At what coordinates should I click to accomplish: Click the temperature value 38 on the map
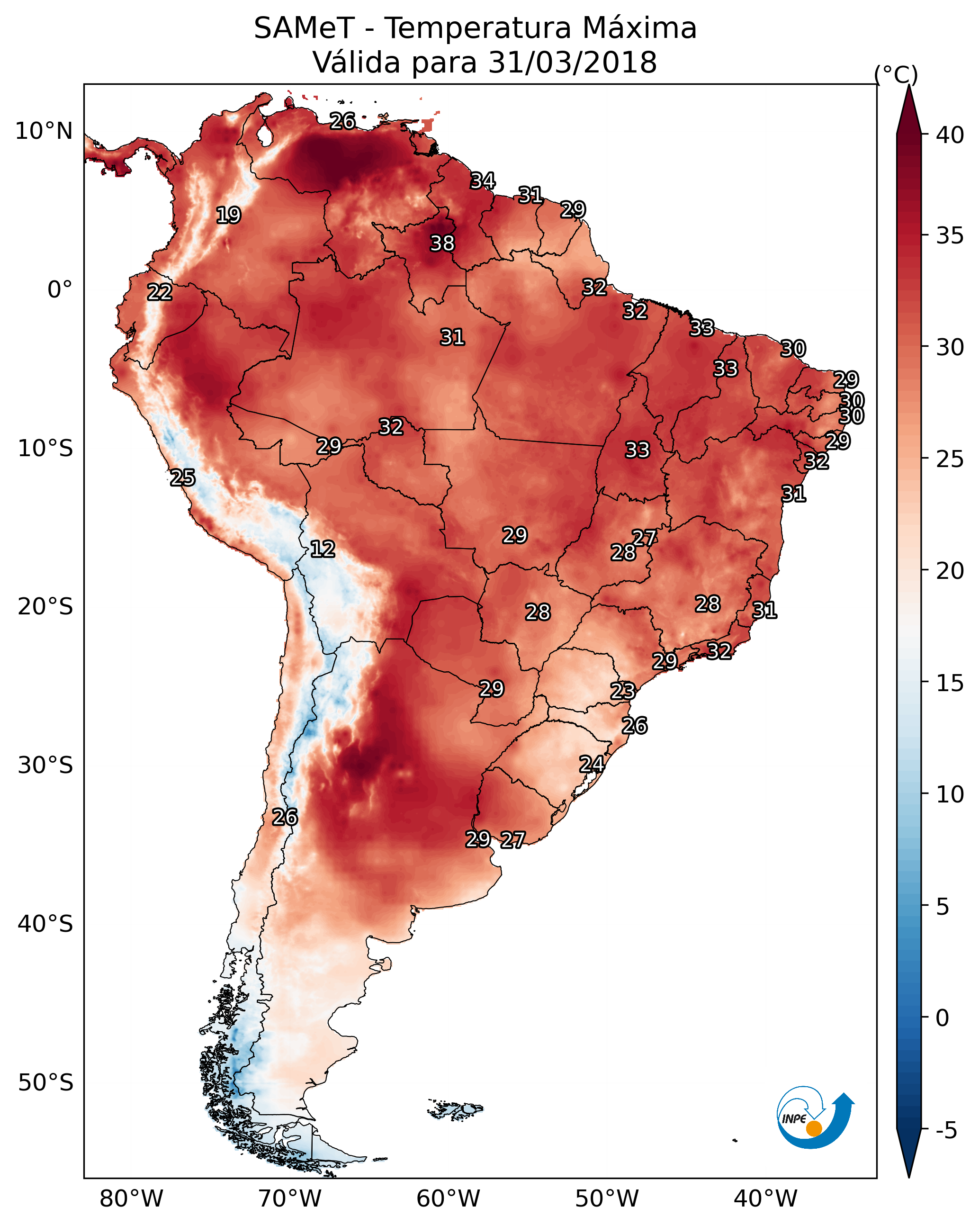coord(442,243)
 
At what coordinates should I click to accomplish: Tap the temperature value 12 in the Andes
coord(323,549)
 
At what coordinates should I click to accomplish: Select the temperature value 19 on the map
coord(228,216)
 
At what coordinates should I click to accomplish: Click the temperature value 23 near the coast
coord(623,691)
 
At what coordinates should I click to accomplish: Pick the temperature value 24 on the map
coord(592,764)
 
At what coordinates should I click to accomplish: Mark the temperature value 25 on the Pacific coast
coord(182,478)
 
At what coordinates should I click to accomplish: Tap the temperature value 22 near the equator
coord(160,292)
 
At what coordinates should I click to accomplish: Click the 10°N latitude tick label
coord(44,131)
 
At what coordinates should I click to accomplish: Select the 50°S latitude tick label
coord(45,1083)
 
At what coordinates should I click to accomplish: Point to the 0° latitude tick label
coord(60,290)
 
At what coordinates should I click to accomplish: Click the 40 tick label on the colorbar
coord(950,135)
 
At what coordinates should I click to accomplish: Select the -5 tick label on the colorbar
coord(947,1131)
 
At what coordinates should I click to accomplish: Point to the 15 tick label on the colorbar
coord(950,683)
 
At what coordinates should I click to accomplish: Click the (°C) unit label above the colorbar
coord(896,74)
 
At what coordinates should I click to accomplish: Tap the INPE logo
coord(814,1117)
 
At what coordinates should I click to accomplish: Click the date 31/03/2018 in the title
coord(572,62)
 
